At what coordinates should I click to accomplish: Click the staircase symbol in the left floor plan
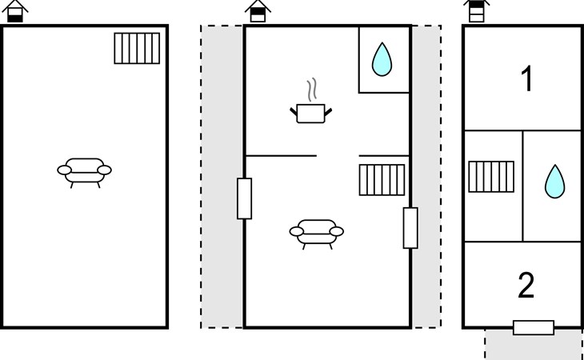(x=138, y=48)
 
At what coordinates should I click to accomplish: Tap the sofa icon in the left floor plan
(x=84, y=170)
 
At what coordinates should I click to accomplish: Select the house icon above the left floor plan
(x=18, y=11)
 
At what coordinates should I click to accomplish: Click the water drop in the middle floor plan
(x=383, y=58)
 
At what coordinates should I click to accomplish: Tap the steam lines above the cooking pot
(x=311, y=88)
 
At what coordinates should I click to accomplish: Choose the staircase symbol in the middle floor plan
(x=383, y=180)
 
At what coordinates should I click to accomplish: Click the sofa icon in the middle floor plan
(x=316, y=232)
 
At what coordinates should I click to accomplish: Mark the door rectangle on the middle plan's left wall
(x=245, y=198)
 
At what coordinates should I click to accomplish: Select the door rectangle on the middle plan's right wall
(x=410, y=227)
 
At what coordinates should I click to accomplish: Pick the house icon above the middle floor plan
(x=258, y=11)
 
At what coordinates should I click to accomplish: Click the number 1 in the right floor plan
(x=526, y=80)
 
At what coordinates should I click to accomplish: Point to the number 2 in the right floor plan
(x=526, y=285)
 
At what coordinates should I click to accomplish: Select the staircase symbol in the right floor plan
(x=490, y=178)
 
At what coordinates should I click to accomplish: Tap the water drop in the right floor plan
(x=554, y=181)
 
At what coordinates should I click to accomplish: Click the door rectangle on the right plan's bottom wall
(x=533, y=327)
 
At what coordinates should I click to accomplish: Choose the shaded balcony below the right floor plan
(x=533, y=346)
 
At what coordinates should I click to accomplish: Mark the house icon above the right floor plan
(x=476, y=11)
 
